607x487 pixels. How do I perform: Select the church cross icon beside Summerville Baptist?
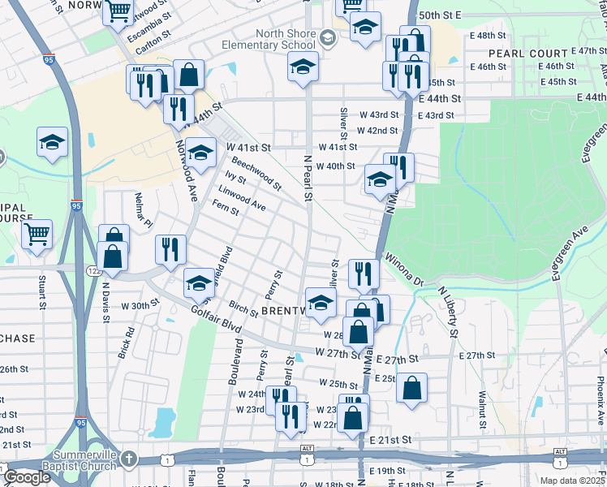(x=127, y=460)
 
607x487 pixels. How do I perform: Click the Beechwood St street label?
(x=256, y=173)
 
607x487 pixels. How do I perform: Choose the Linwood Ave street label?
(x=241, y=198)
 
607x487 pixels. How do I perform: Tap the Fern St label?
(x=225, y=209)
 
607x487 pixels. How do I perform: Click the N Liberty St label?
(x=447, y=311)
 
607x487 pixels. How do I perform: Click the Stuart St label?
(x=41, y=293)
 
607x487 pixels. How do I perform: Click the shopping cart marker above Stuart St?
(x=37, y=235)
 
